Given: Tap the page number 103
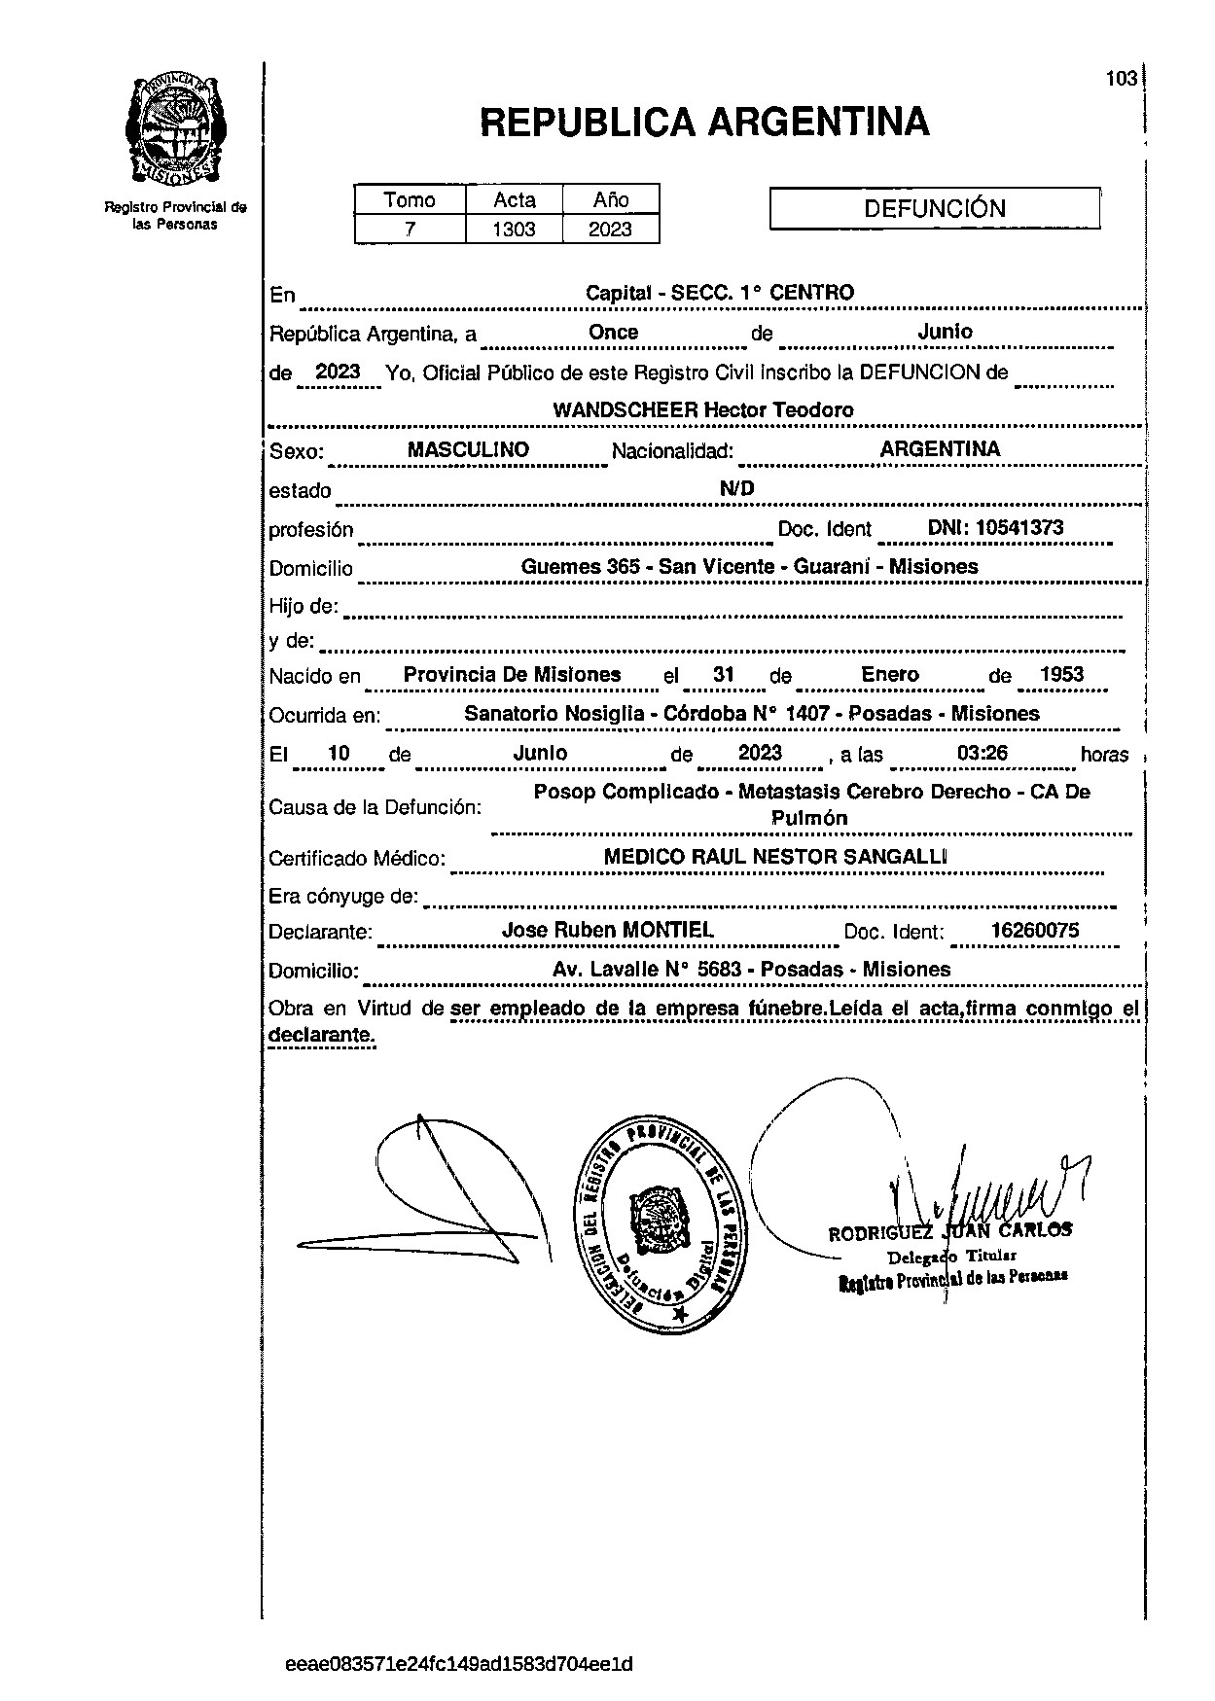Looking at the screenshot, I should click(x=1121, y=79).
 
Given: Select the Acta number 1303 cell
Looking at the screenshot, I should click(x=514, y=230).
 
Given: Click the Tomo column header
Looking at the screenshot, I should click(x=410, y=200).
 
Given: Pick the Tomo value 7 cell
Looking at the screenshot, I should click(x=410, y=230).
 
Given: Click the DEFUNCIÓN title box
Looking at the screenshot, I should click(x=934, y=208).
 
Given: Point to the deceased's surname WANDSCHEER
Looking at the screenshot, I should click(x=625, y=410).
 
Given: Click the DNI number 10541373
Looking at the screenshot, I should click(x=1019, y=528).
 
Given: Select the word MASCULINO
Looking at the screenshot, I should click(x=468, y=449).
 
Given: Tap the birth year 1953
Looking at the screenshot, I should click(x=1061, y=675).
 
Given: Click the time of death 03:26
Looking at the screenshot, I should click(x=982, y=753).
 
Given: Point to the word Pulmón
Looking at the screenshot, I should click(x=808, y=819).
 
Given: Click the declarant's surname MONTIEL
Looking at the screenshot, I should click(x=667, y=930).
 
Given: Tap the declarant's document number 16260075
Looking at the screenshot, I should click(x=1034, y=930).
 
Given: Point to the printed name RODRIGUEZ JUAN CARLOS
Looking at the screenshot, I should click(x=949, y=1231).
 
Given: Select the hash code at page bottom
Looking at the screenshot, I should click(x=459, y=1664).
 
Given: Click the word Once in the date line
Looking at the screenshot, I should click(x=613, y=333).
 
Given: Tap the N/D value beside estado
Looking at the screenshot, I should click(x=736, y=488).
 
